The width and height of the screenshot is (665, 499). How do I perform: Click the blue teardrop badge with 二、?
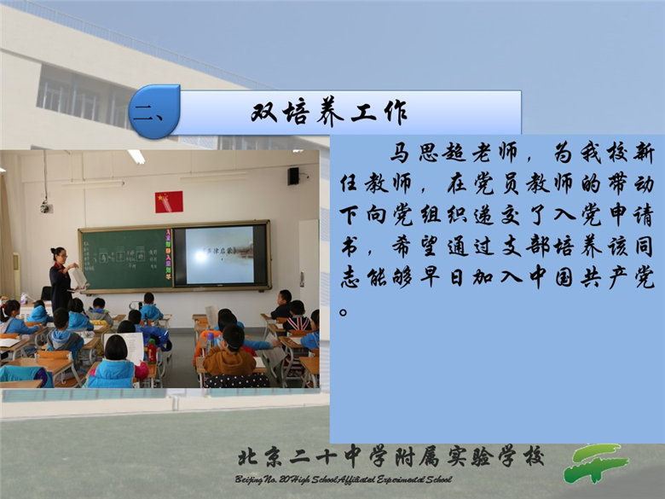point(154,112)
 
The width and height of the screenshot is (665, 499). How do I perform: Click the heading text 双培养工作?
point(329,113)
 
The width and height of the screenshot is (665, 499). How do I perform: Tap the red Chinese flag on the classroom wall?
point(169,201)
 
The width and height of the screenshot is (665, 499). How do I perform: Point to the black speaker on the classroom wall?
point(293,176)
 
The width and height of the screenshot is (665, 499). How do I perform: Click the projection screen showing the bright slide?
point(219,255)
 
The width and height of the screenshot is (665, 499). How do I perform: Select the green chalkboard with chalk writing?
point(126,258)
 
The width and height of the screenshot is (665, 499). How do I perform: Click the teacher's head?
point(59,254)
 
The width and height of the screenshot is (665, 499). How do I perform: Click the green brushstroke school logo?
point(595,463)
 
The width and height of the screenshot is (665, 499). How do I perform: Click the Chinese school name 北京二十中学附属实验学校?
point(390,457)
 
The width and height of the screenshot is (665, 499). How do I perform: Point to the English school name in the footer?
point(344,479)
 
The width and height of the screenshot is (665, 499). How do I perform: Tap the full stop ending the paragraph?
point(344,313)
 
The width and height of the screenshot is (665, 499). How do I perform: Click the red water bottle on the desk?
point(152,351)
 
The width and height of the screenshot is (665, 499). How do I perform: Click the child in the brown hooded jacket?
point(229,352)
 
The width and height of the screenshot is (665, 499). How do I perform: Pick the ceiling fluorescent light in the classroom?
point(136,157)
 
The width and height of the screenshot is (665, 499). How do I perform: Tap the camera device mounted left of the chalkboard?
point(46,206)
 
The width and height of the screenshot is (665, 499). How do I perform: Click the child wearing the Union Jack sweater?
point(297,317)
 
